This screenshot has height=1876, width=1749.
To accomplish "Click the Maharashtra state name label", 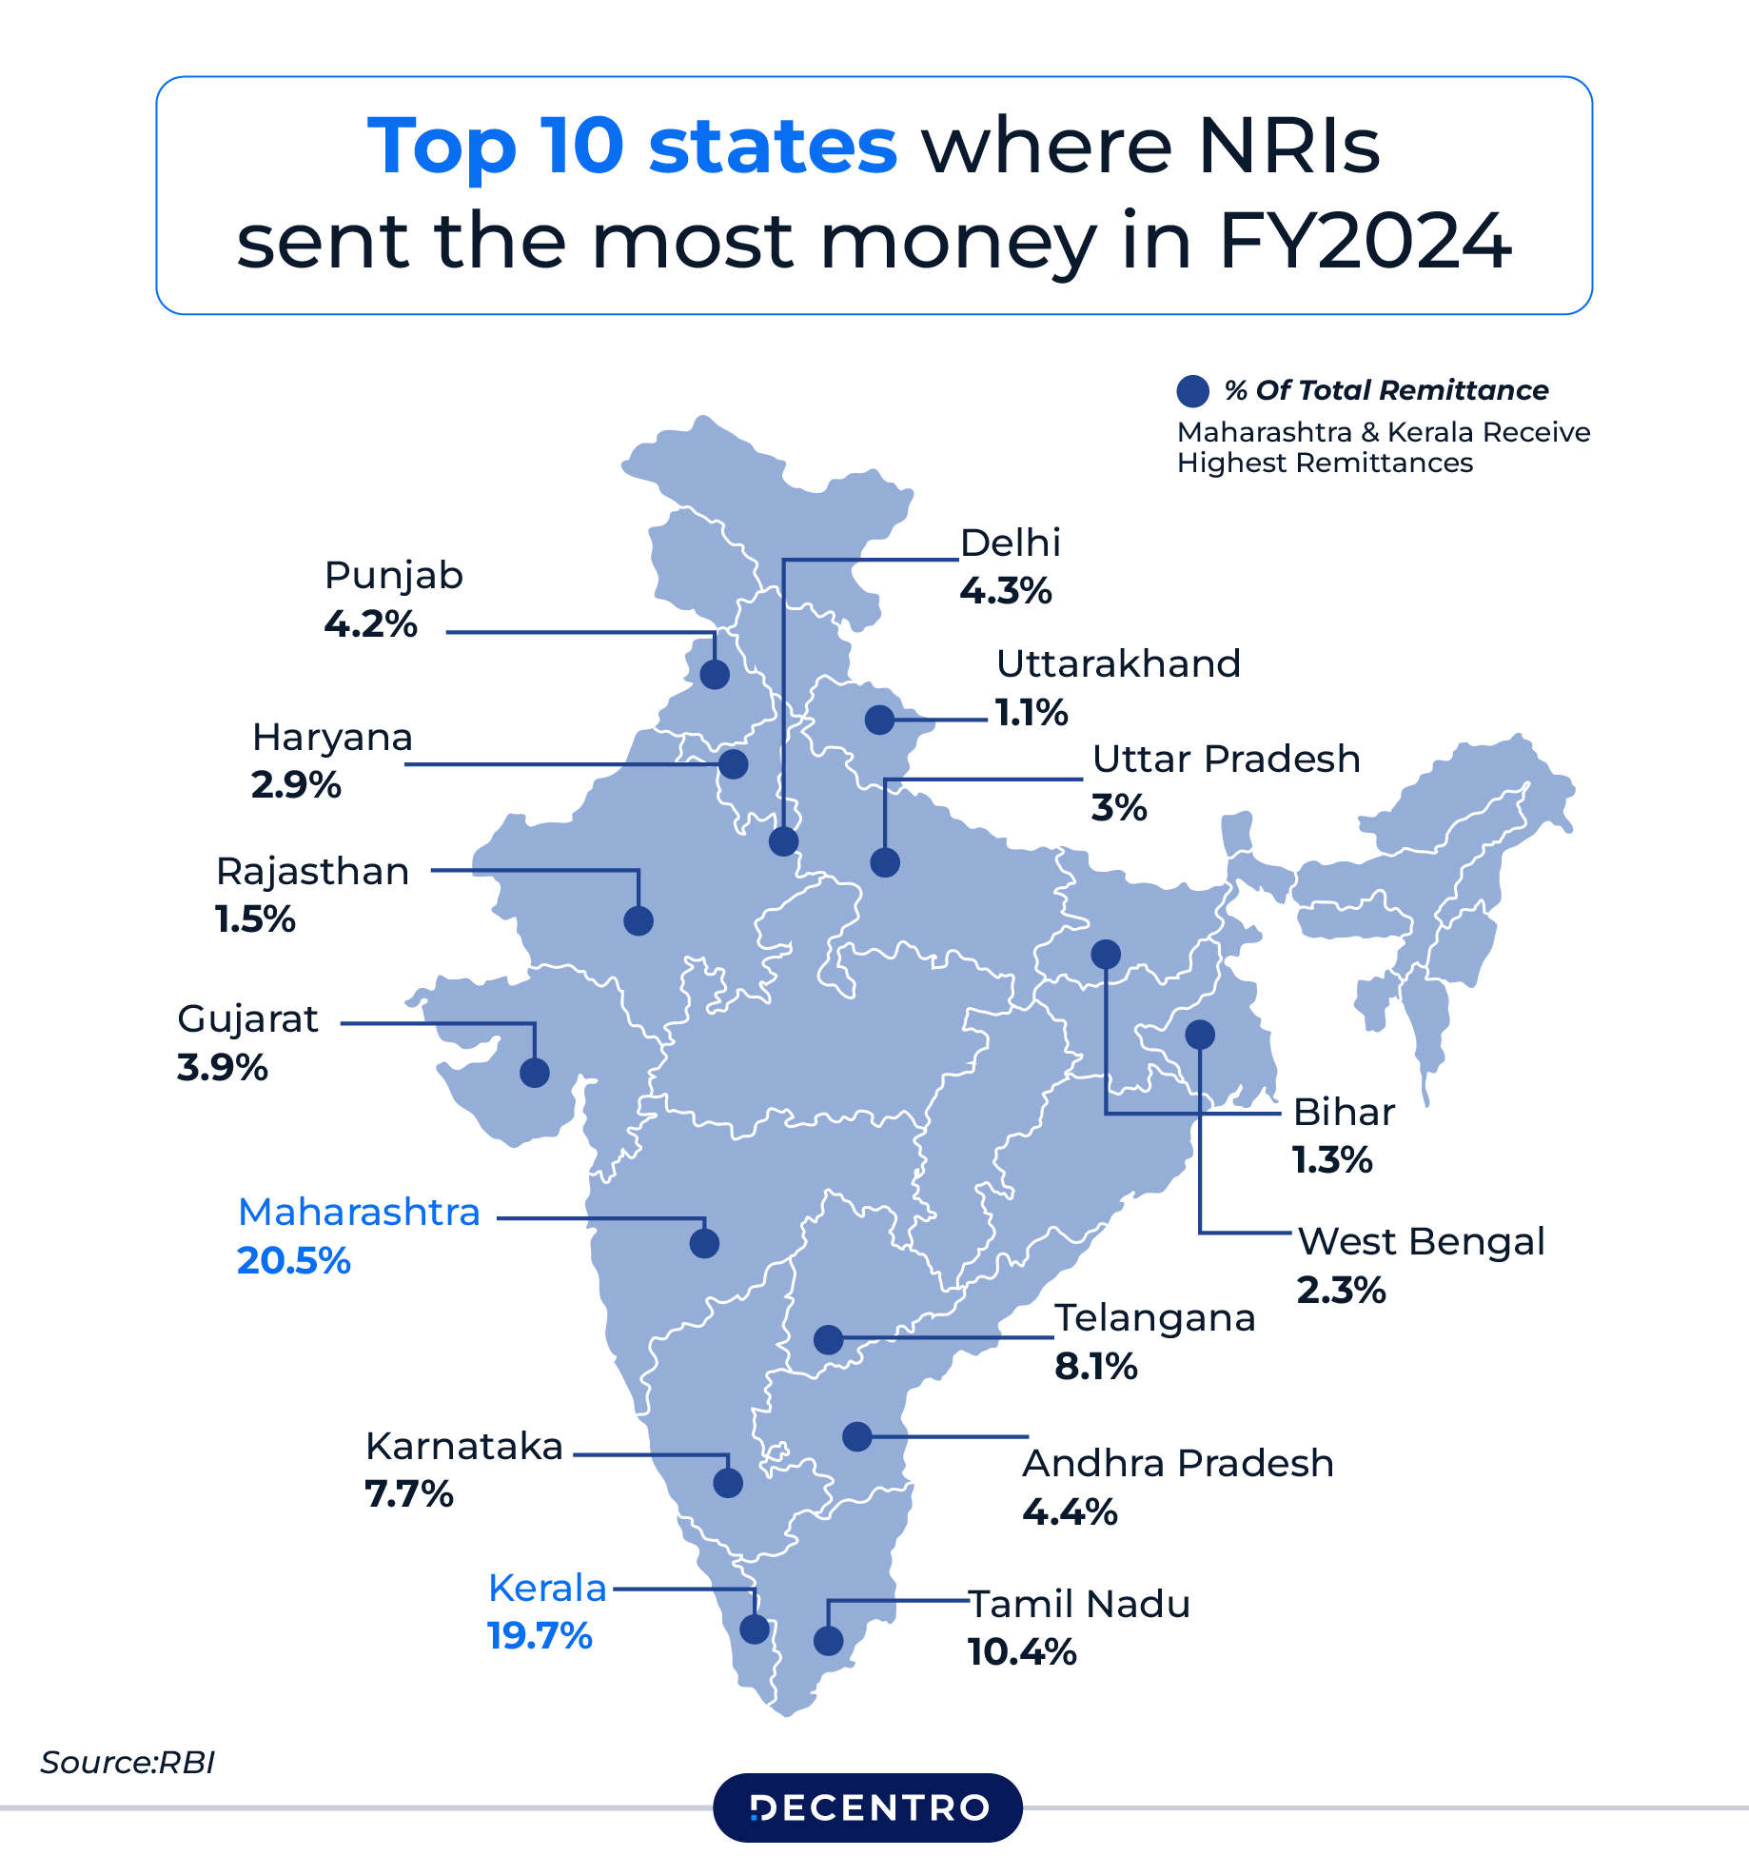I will tap(359, 1213).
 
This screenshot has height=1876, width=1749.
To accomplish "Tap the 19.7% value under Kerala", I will tap(540, 1636).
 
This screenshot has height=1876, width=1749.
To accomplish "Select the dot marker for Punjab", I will tap(715, 674).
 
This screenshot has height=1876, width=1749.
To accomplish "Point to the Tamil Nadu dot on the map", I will tap(828, 1640).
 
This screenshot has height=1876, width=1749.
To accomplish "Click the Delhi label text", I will tap(1010, 543).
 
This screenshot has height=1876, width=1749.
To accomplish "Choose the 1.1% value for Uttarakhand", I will tap(1032, 712).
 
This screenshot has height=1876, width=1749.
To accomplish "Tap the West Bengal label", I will tap(1421, 1241).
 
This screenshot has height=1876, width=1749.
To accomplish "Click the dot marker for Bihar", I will tap(1105, 954).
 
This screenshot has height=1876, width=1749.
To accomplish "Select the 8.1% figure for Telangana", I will tap(1095, 1367).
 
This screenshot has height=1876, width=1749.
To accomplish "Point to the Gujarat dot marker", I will tap(535, 1073).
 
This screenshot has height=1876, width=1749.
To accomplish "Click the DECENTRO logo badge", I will tap(868, 1807).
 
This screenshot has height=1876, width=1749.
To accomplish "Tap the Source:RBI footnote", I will tap(128, 1763).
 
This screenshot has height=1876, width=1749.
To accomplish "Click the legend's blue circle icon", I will tap(1192, 390).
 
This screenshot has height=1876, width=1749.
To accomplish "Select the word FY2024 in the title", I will tap(1366, 242).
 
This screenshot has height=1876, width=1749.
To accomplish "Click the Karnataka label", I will tap(464, 1446).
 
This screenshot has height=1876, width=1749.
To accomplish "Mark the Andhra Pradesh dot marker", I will tap(857, 1436).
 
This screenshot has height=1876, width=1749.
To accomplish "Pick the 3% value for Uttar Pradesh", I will tap(1118, 808).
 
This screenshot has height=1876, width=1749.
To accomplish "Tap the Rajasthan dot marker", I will tap(638, 920).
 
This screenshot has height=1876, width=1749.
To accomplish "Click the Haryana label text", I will tap(332, 737).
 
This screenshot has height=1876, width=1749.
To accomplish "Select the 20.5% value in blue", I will tap(294, 1261).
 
